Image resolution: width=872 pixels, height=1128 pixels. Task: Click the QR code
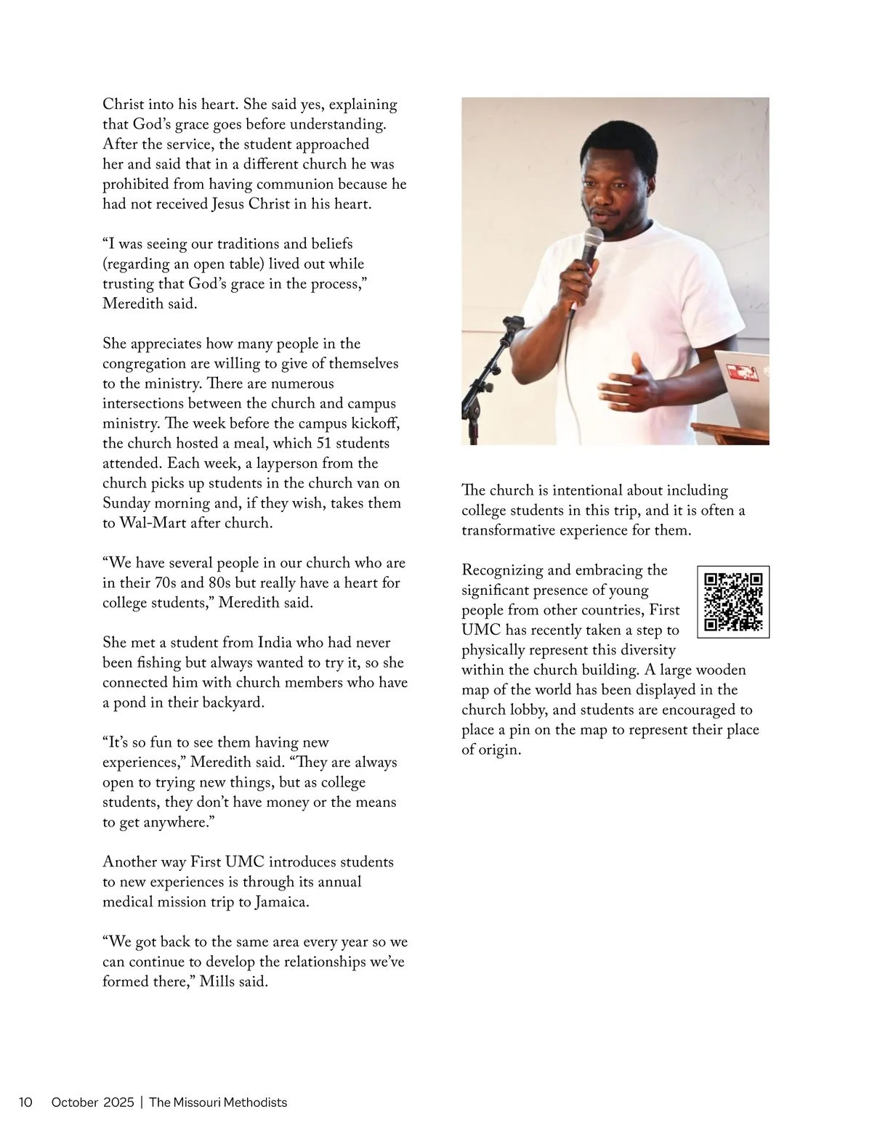click(x=733, y=601)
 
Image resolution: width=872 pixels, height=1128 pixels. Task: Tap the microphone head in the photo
click(x=594, y=239)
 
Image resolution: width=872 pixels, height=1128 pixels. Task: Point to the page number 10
click(x=25, y=1102)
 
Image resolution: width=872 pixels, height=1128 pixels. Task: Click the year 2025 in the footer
click(x=118, y=1102)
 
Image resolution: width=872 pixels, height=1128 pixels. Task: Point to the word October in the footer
click(x=74, y=1102)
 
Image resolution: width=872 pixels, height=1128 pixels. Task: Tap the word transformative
click(x=508, y=530)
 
